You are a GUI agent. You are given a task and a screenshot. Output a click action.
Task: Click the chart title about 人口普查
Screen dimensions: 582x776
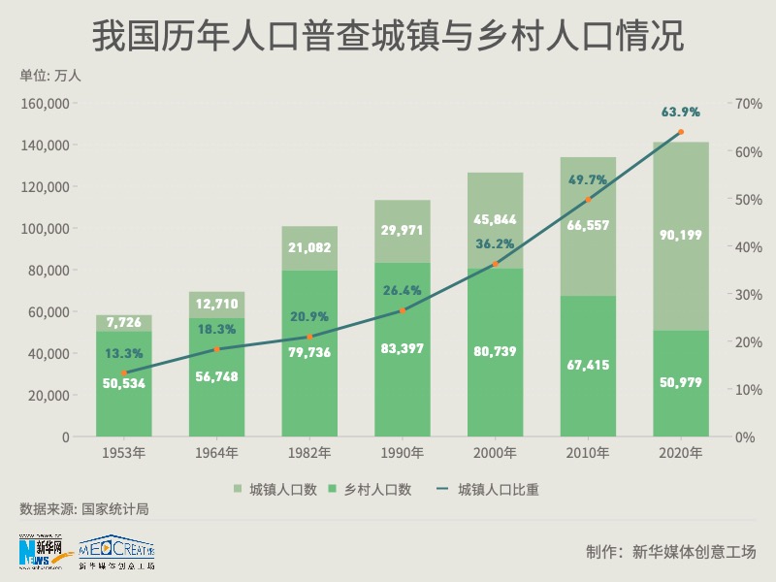(388, 37)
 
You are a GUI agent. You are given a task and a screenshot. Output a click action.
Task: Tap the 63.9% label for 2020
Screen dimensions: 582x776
(681, 113)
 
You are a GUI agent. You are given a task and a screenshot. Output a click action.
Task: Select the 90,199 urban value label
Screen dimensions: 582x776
(681, 235)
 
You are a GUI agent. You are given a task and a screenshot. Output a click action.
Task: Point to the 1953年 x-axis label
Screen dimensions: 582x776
(124, 452)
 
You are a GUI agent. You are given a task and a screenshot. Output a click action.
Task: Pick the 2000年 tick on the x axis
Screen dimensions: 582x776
(496, 452)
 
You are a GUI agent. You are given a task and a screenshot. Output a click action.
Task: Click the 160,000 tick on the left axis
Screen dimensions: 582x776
(46, 104)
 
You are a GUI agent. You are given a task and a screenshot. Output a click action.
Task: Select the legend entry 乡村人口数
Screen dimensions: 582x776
(377, 490)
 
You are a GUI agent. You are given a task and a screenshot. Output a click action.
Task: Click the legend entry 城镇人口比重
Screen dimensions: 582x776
(498, 490)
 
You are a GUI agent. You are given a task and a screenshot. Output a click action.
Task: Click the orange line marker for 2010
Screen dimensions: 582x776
(588, 200)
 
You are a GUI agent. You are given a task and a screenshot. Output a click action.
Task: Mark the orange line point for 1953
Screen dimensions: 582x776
(124, 373)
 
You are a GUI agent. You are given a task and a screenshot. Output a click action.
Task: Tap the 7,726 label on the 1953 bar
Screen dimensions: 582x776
(124, 321)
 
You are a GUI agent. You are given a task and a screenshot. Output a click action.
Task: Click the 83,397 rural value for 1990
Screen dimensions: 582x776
(403, 348)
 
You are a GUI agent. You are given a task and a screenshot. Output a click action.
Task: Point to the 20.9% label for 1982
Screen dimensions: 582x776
(309, 316)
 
